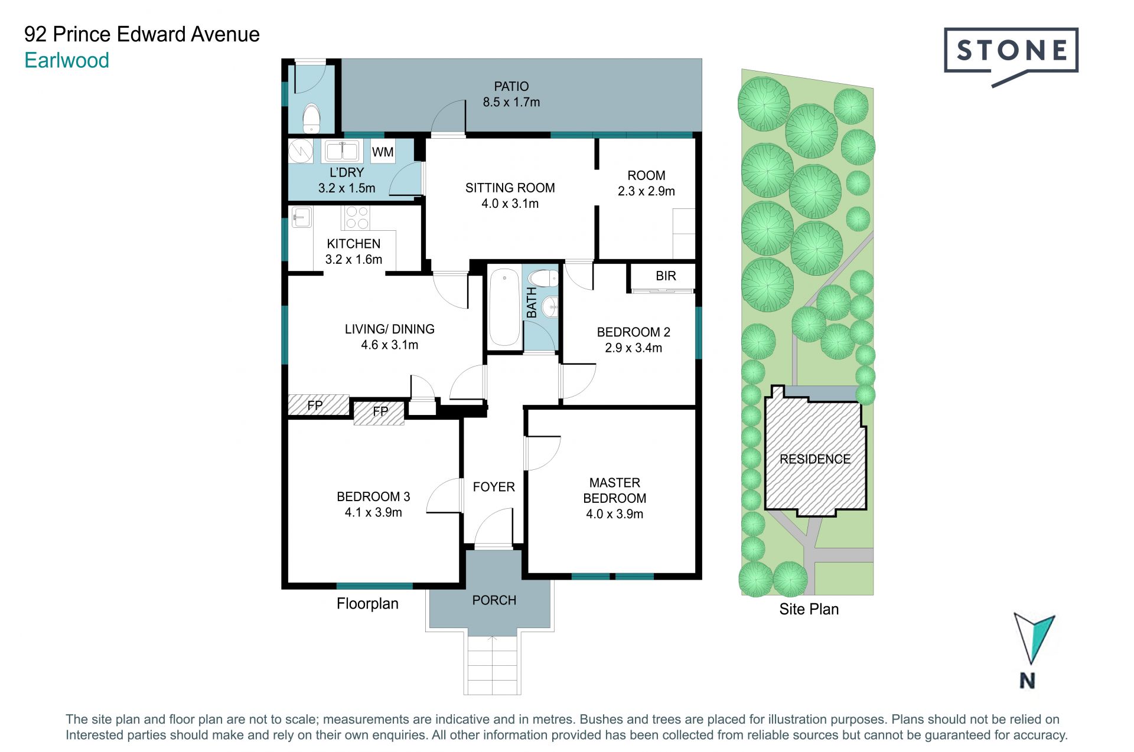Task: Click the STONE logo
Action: (1011, 56)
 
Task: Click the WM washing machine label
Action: (383, 152)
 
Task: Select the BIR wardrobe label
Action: (666, 276)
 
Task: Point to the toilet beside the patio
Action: (311, 118)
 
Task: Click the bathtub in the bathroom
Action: (504, 307)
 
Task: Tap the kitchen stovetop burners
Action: (356, 217)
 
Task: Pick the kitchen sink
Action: (301, 217)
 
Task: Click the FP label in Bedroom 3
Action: (380, 411)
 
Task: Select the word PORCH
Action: (494, 600)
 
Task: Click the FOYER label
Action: (494, 487)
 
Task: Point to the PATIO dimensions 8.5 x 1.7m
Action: (511, 102)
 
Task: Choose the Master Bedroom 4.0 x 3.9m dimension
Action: (614, 514)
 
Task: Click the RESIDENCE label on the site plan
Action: (815, 459)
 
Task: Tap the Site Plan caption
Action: (809, 609)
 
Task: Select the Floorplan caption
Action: (367, 604)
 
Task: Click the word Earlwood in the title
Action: (67, 60)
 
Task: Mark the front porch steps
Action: (493, 665)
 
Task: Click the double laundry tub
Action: (341, 151)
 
